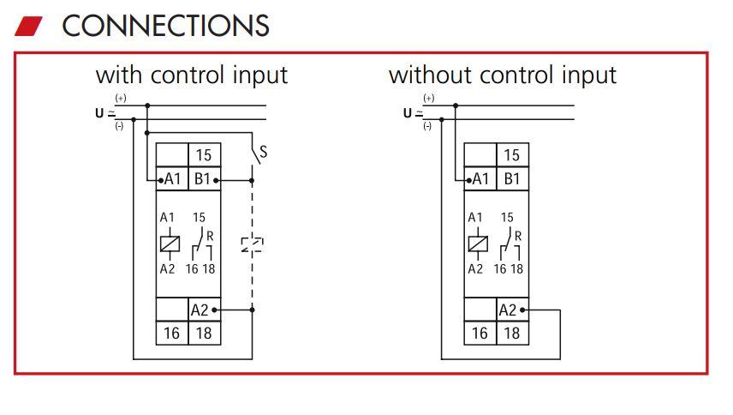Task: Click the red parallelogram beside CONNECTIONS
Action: (28, 26)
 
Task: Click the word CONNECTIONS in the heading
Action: (165, 26)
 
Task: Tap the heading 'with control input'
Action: (191, 75)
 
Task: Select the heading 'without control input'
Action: (502, 75)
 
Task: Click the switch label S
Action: (263, 153)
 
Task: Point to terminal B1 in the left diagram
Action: (203, 179)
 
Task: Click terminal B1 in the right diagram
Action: (511, 179)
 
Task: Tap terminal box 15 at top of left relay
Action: (203, 155)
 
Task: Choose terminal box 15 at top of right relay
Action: (511, 155)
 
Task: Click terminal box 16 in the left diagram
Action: (171, 333)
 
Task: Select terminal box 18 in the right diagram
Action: (511, 333)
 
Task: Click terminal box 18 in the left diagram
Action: (203, 333)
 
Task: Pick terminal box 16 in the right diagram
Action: (480, 333)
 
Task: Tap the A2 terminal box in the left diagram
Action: (200, 310)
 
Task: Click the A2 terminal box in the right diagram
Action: (508, 310)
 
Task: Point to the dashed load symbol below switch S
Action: (252, 245)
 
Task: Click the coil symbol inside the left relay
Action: (170, 244)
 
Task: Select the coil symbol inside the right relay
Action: (478, 244)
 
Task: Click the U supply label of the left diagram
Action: (99, 112)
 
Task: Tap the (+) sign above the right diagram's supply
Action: (428, 99)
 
